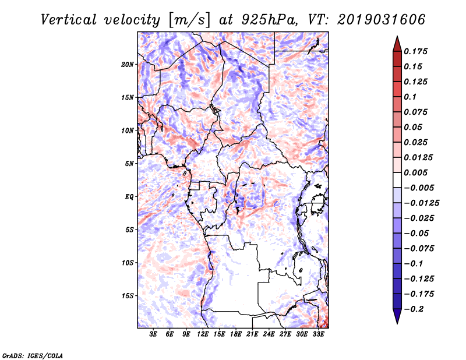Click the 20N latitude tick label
(127, 65)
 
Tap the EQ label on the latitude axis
(129, 197)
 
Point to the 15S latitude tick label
(127, 296)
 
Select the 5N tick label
(129, 164)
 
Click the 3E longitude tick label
(153, 334)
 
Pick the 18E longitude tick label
(236, 334)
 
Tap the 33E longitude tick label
(318, 334)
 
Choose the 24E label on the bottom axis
(269, 334)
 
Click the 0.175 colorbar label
(416, 51)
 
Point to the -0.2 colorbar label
(414, 309)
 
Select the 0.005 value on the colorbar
(416, 172)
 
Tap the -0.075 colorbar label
(419, 249)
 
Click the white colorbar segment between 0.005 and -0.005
(397, 180)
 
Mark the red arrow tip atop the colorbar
(397, 36)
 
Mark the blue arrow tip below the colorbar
(397, 324)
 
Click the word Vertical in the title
(68, 20)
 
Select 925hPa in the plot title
(269, 20)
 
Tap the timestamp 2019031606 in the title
(382, 20)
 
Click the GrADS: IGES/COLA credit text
(33, 356)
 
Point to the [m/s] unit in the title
(189, 20)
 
